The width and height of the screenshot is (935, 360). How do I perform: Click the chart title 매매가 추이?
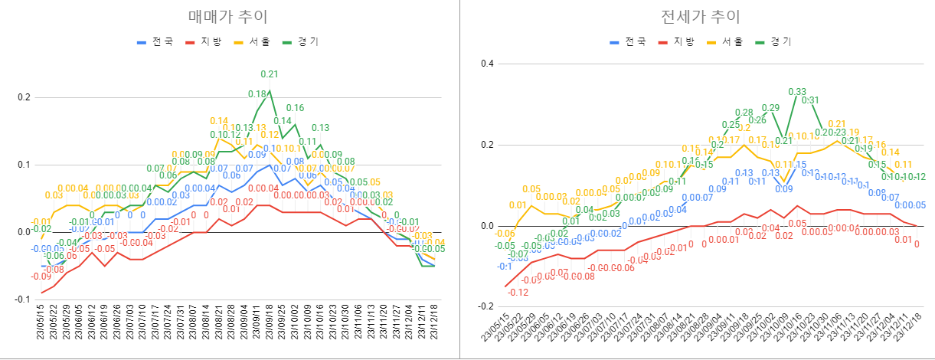[x=229, y=16]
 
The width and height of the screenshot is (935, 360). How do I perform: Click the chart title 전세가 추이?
[x=698, y=16]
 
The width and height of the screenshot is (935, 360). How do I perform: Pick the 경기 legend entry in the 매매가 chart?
[x=305, y=41]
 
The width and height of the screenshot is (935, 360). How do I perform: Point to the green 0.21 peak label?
[x=270, y=74]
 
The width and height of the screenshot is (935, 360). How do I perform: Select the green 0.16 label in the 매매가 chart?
[x=296, y=108]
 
